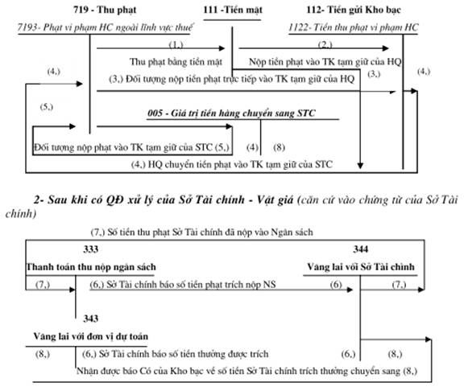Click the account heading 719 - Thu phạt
click(105, 10)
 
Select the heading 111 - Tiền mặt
click(233, 10)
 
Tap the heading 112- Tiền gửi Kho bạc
click(354, 10)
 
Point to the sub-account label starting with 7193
click(105, 27)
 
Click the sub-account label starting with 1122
click(354, 27)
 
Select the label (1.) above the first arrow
click(176, 44)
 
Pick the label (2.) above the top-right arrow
click(325, 44)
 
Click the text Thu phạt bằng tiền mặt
click(176, 62)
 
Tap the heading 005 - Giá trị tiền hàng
click(231, 113)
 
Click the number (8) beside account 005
click(279, 147)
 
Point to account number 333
click(90, 249)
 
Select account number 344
click(360, 249)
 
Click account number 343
click(90, 319)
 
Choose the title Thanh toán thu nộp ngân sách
click(91, 267)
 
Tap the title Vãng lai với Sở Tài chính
click(361, 267)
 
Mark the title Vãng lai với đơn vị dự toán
click(90, 336)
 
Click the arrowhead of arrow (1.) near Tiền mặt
click(222, 48)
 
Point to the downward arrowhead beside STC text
click(360, 166)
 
